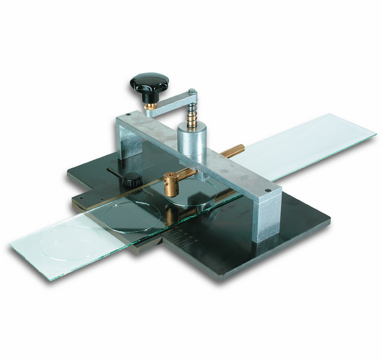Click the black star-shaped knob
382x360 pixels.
[x=150, y=83]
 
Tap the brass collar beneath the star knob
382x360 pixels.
[x=151, y=106]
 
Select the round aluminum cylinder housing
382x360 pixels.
[x=191, y=142]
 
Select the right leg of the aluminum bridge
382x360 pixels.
[x=264, y=220]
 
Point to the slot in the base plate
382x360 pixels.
[x=115, y=172]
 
